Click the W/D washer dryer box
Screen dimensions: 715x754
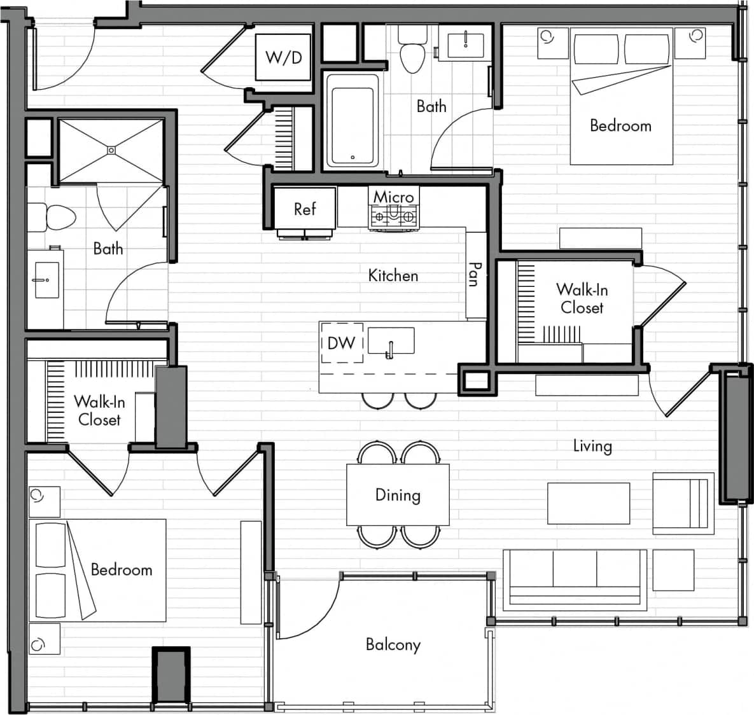283,57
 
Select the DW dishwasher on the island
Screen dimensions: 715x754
342,344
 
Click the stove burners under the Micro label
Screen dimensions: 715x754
394,217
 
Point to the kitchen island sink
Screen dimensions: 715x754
391,342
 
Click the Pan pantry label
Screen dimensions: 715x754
474,274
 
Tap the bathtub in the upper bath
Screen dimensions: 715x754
353,120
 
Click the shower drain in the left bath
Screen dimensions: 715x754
111,150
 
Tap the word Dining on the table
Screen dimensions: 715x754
398,495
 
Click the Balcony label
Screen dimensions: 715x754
393,644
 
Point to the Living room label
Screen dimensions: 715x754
592,446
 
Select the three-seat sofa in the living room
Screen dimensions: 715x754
575,576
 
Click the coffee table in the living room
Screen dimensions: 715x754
589,503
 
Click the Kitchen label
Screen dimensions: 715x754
393,275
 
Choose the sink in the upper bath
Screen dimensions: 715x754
466,43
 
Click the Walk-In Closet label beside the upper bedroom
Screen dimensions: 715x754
582,298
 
